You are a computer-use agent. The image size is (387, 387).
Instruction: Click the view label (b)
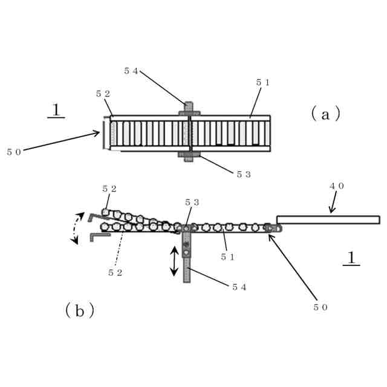coord(79,311)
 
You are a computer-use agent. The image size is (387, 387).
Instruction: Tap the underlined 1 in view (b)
coord(351,258)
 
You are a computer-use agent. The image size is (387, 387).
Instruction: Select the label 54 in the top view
coord(131,71)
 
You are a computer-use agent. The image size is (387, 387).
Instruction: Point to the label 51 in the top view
coord(263,81)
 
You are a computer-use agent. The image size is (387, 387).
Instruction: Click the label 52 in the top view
coord(102,94)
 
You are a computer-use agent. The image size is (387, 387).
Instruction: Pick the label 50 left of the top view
coord(14,152)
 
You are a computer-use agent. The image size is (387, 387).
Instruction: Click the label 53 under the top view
coord(243,174)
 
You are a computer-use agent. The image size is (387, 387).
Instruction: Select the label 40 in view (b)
coord(336,186)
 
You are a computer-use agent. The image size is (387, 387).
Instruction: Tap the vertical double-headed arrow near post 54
coord(174,261)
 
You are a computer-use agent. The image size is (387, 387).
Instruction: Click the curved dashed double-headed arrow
coord(77,229)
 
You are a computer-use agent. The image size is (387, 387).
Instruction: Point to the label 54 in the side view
coord(239,287)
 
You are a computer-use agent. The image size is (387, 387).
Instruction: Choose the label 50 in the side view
coord(320,307)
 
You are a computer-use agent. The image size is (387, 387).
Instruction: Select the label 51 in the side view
coord(227,257)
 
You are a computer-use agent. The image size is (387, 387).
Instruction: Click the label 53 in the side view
coord(192,201)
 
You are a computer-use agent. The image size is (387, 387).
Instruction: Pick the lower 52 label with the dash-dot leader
coord(115,273)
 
